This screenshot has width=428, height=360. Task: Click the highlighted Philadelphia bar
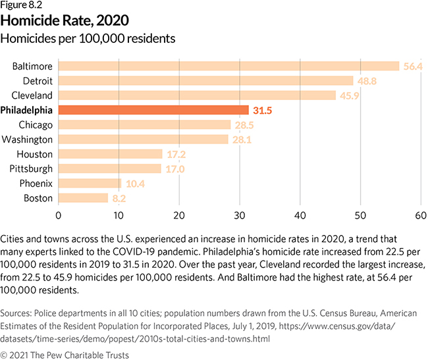[153, 110]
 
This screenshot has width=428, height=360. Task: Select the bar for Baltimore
[228, 66]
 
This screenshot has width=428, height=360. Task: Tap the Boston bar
[83, 197]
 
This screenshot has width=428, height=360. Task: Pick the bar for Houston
[110, 154]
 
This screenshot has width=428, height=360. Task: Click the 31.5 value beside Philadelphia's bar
[262, 110]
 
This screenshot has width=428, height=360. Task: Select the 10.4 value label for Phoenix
[134, 183]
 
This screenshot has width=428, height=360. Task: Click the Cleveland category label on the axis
[32, 95]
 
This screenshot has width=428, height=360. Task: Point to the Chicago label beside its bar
[36, 124]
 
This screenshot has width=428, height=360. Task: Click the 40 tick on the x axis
[300, 215]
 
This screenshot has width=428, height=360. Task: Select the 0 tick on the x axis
[59, 215]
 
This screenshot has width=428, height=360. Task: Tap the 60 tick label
[421, 215]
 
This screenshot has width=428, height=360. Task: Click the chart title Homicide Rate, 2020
[59, 20]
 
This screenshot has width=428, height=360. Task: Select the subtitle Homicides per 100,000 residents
[88, 38]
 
